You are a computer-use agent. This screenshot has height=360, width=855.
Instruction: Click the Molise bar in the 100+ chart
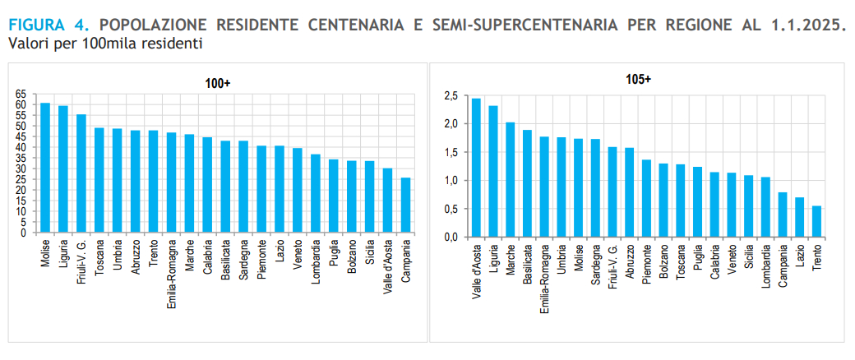point(45,168)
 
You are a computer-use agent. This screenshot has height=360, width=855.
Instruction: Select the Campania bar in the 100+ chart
point(405,205)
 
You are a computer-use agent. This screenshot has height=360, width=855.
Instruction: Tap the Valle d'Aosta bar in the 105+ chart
point(476,168)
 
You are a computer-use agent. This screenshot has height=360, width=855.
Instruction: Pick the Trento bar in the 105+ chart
point(816,221)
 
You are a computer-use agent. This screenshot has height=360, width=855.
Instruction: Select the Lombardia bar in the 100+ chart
point(316,193)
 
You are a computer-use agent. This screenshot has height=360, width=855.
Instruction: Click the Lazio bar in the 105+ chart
point(799,217)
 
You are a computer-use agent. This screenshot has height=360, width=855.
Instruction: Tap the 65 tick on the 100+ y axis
point(21,95)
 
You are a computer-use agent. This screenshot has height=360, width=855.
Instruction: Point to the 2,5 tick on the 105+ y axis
point(450,96)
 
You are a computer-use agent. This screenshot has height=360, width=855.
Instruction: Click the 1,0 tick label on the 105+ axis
point(450,181)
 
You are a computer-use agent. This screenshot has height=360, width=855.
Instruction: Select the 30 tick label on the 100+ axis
point(21,169)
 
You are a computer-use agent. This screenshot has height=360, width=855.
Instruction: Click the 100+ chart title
point(218,84)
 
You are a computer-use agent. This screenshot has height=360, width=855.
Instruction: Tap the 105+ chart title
point(638,80)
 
